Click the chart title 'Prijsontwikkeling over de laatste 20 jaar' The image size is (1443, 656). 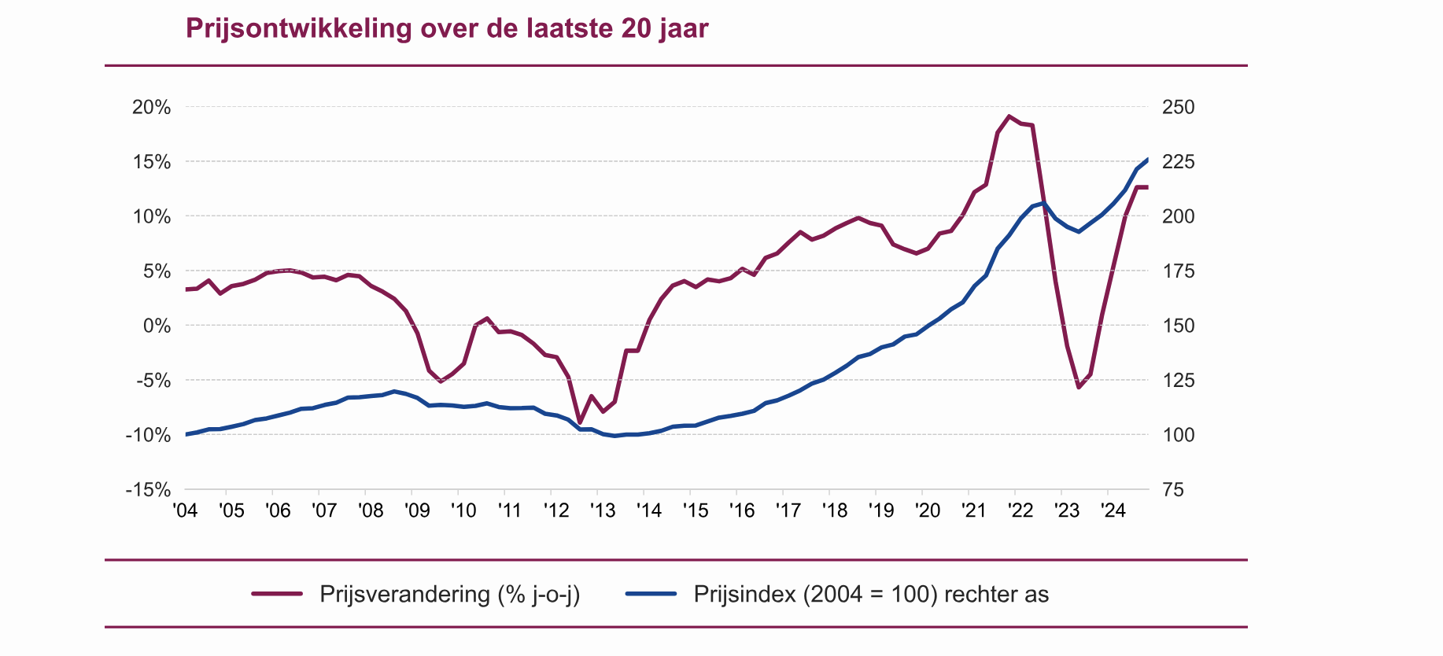point(447,28)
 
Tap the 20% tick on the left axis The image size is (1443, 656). point(152,107)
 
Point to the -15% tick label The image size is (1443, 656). point(148,489)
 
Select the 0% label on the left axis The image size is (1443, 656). point(157,326)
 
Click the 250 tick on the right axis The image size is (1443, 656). point(1178,107)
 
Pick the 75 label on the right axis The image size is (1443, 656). point(1172,489)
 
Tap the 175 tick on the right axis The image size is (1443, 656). point(1178,271)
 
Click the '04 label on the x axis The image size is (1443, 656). point(185,510)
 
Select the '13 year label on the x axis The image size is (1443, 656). point(603,510)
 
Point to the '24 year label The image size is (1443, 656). point(1113,510)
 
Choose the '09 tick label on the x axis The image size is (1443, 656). point(417,510)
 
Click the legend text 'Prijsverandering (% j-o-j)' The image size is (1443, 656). point(449,594)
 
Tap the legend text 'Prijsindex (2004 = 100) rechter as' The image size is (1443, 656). point(871,594)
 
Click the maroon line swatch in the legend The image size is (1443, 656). point(277,594)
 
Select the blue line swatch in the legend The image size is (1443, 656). point(651,594)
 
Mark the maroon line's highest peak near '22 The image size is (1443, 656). point(1009,116)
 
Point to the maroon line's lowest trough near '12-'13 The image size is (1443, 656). point(580,422)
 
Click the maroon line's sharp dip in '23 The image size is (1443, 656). point(1079,387)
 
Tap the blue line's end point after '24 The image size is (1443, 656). point(1148,160)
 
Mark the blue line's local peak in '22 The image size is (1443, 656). point(1043,203)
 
